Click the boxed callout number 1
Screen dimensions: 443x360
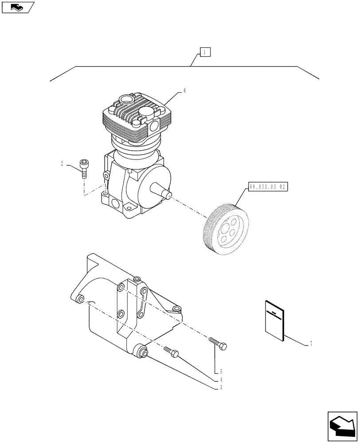coord(204,53)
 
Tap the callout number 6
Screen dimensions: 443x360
coord(184,91)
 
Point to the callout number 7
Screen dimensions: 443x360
coord(311,344)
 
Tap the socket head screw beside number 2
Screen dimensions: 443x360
coord(84,169)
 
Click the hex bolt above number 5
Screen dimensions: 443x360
coord(217,343)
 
